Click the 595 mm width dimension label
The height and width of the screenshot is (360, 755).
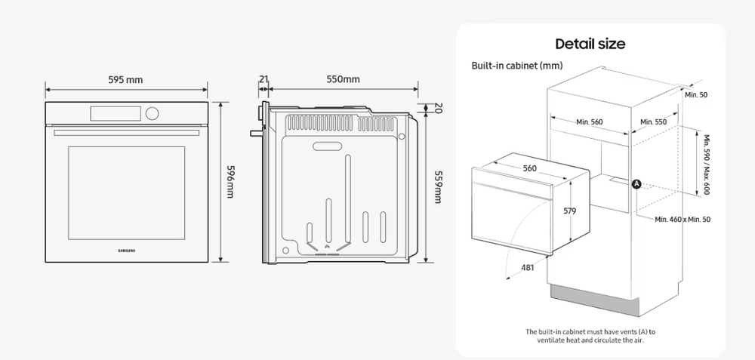pos(125,80)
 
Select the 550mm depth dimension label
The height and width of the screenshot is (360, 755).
pos(343,79)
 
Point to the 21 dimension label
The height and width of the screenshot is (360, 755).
pos(263,79)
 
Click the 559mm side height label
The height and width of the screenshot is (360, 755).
pos(438,186)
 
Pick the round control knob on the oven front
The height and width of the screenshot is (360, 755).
pos(152,113)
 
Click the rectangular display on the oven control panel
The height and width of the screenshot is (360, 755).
pos(116,113)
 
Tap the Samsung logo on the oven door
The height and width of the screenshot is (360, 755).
pos(127,251)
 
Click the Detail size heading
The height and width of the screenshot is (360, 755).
pos(590,44)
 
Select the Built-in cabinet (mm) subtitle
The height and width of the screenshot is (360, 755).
pos(516,66)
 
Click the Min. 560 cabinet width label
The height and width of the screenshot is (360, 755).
pos(590,122)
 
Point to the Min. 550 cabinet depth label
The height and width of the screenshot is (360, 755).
pos(653,122)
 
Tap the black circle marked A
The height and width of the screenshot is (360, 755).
pos(636,183)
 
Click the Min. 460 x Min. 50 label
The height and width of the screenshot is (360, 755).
pos(683,220)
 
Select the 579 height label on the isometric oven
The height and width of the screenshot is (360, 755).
pos(570,211)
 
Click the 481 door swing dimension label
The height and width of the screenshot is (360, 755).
pos(528,268)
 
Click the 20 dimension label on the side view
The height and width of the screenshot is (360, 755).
pos(438,108)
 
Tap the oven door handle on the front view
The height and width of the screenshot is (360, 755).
pos(127,132)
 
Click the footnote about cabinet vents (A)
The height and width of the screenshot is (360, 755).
pos(590,336)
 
